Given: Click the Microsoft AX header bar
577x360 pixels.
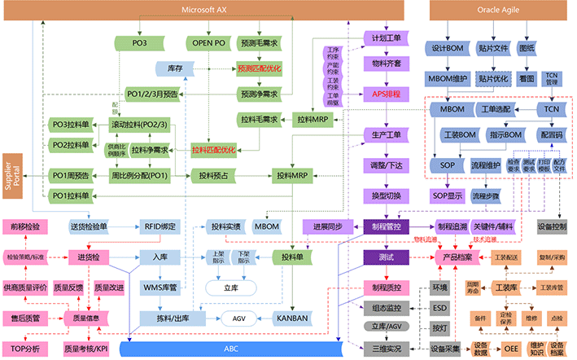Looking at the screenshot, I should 208,10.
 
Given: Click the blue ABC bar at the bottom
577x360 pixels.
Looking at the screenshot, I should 232,349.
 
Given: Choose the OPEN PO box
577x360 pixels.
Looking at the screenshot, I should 208,42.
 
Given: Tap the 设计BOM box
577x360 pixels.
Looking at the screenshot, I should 446,48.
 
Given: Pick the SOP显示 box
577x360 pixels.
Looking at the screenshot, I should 447,196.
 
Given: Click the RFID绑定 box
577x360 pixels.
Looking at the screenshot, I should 160,226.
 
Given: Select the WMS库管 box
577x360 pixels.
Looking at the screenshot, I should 160,288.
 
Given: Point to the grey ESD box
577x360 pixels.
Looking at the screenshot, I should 439,308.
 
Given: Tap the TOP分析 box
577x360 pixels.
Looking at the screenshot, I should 26,349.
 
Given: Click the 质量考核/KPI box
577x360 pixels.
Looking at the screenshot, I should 85,349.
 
